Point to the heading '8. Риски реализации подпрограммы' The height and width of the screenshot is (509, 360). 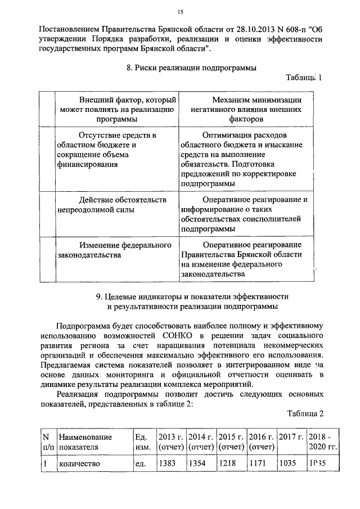click(188, 68)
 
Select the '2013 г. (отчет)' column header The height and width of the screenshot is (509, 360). click(171, 442)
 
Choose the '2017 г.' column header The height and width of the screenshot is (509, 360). click(290, 437)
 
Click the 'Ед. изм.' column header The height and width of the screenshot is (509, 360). click(141, 442)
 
